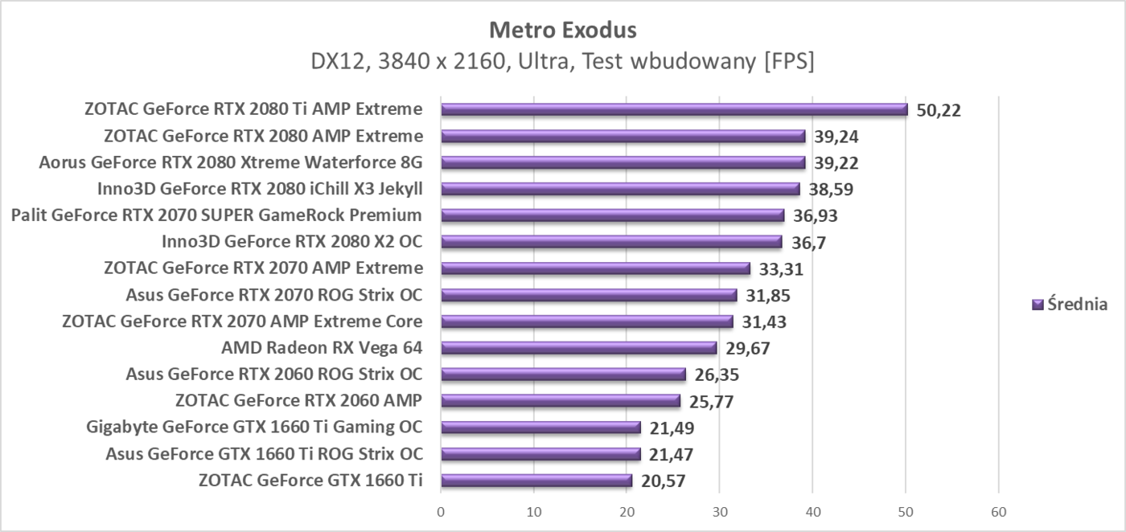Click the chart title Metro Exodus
(x=563, y=31)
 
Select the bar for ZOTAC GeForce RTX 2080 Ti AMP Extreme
(x=674, y=110)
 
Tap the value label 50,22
(x=939, y=110)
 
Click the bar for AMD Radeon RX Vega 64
(x=578, y=348)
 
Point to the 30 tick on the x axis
(x=720, y=511)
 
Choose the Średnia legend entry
(x=1070, y=305)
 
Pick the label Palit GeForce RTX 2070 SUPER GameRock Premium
(x=216, y=215)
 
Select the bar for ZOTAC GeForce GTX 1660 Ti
(x=536, y=481)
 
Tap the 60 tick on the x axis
(x=999, y=511)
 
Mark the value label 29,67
(x=747, y=348)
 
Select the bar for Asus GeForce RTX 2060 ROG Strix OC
(x=563, y=374)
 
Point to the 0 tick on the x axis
(x=441, y=511)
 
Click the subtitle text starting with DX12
(x=563, y=62)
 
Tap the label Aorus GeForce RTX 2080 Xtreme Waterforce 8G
(x=231, y=162)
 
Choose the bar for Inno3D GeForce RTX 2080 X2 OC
(x=611, y=242)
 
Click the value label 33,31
(x=781, y=268)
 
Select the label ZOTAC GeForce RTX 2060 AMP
(x=298, y=401)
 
